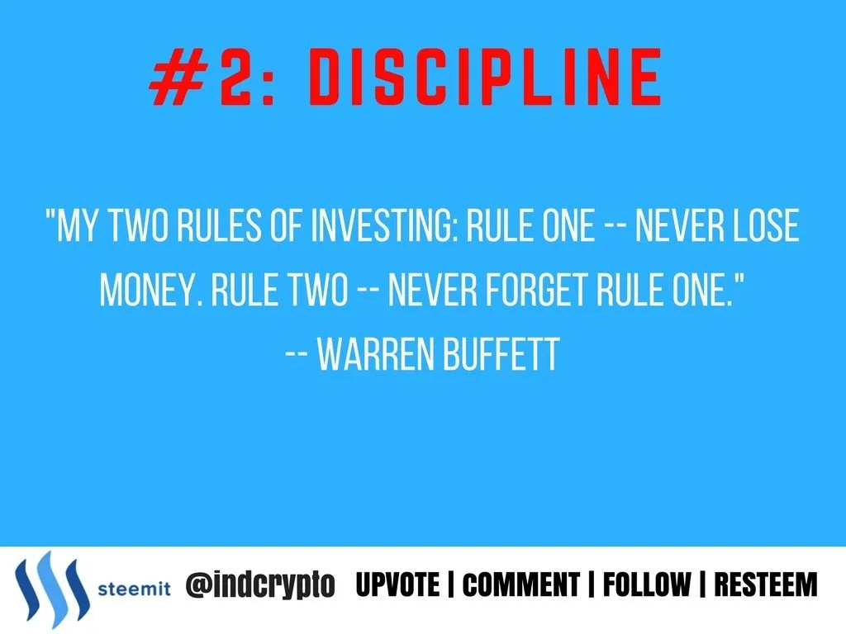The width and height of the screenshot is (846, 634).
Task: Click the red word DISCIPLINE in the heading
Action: click(x=484, y=77)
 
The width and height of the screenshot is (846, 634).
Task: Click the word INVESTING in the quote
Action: click(x=385, y=225)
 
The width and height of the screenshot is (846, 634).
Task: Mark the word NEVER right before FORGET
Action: click(x=432, y=290)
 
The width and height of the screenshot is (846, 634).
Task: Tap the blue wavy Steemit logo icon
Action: click(x=52, y=589)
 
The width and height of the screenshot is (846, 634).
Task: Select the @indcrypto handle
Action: click(x=260, y=585)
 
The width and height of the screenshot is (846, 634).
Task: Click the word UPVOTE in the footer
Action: click(x=397, y=584)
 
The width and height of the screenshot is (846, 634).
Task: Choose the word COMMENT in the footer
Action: click(x=521, y=584)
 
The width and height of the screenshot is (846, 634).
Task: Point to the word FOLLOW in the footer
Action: click(x=647, y=584)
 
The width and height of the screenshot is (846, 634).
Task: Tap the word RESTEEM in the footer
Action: click(x=766, y=584)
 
